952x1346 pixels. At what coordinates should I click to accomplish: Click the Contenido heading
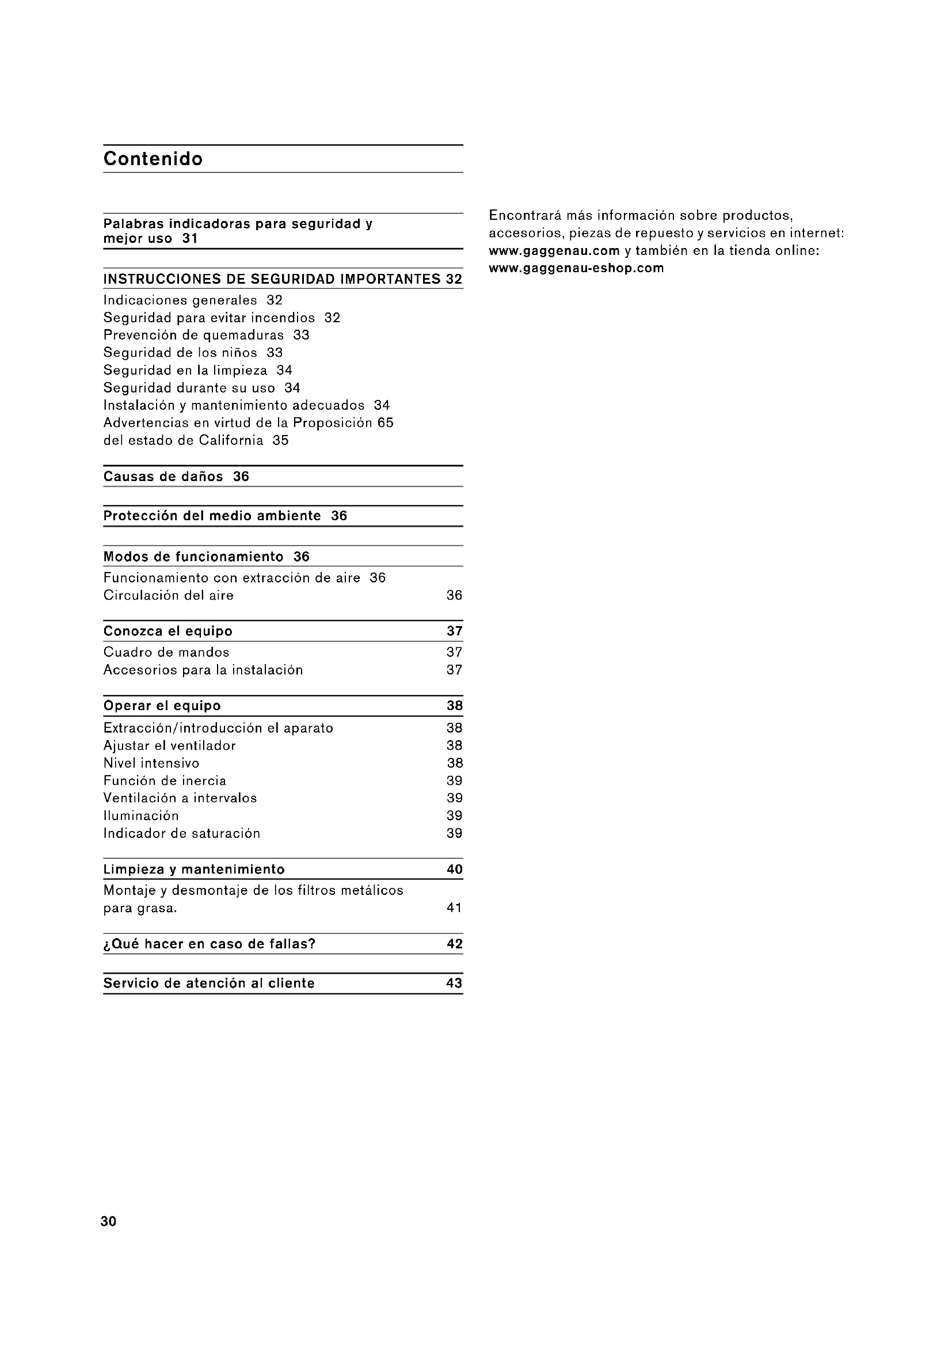[x=153, y=159]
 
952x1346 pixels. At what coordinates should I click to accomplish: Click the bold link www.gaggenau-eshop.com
[x=576, y=269]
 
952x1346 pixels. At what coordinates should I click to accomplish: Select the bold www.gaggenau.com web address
[x=554, y=251]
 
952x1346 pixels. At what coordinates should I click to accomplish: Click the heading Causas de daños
[x=163, y=476]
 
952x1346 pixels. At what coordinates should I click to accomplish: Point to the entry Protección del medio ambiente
[x=212, y=516]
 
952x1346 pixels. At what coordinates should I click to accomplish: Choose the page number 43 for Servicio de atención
[x=454, y=983]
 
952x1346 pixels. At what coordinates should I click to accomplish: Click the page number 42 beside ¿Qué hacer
[x=454, y=944]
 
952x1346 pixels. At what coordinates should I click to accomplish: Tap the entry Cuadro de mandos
[x=166, y=653]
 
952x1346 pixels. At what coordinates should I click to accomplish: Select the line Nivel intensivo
[x=151, y=763]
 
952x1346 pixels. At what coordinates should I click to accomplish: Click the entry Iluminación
[x=141, y=816]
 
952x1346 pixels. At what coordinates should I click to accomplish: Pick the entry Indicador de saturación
[x=182, y=834]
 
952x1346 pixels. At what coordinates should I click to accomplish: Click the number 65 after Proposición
[x=385, y=423]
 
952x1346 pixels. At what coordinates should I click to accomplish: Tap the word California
[x=231, y=440]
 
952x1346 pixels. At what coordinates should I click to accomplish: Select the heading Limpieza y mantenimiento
[x=194, y=870]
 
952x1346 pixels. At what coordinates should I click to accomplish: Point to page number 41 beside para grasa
[x=454, y=908]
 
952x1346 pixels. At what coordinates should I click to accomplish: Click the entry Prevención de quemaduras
[x=193, y=335]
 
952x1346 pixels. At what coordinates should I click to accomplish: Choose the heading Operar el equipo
[x=162, y=706]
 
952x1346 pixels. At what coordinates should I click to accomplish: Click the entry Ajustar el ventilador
[x=169, y=746]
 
